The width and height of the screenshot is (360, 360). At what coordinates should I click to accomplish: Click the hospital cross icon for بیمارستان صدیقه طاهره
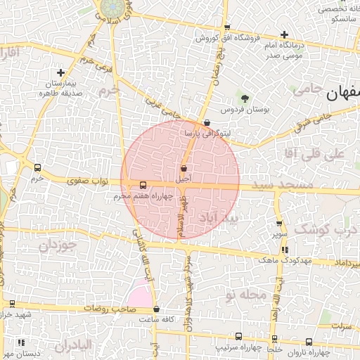[60, 72]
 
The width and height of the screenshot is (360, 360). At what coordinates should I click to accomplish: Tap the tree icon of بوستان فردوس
[245, 99]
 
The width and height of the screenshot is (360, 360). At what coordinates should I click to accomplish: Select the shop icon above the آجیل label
[184, 169]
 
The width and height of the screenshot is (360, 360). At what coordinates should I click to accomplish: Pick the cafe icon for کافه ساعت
[156, 309]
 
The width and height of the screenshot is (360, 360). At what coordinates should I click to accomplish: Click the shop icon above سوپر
[279, 223]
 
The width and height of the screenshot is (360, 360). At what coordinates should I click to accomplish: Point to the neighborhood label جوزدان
[56, 245]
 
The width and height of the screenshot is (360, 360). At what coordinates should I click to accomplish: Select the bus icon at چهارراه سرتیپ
[238, 337]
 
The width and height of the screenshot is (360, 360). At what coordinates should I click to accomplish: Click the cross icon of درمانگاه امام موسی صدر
[284, 34]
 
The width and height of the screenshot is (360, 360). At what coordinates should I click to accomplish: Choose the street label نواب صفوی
[88, 181]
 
